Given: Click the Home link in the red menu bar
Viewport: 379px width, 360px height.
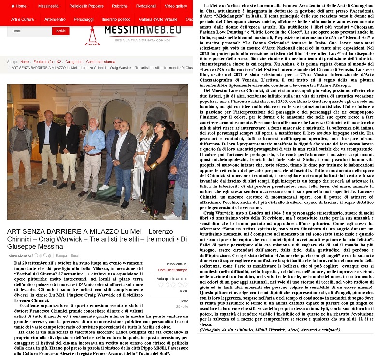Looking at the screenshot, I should click(18, 6).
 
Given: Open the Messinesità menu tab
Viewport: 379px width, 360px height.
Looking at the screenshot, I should click(48, 6).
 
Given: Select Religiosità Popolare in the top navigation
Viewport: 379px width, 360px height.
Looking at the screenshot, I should click(86, 6).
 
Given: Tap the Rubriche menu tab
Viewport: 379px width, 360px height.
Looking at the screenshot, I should click(120, 6).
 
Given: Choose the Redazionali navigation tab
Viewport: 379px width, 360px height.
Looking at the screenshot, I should click(146, 6).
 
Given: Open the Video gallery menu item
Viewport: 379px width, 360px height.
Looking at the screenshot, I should click(176, 6).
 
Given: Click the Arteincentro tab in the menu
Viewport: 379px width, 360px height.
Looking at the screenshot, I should click(55, 19).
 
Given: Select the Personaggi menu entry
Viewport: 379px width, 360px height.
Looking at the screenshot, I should click(84, 19).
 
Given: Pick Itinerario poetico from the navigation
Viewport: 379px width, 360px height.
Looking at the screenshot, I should click(115, 19).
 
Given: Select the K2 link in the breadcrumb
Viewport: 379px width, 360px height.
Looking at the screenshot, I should click(59, 62).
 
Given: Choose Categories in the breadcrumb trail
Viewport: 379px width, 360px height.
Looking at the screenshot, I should click(73, 62).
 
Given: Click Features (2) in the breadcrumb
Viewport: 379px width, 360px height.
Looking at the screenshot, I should click(43, 62).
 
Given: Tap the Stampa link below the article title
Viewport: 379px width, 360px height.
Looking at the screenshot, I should click(61, 255).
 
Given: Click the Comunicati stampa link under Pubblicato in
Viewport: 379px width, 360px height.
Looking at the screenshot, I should click(172, 270).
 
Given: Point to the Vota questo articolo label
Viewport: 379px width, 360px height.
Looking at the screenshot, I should click(172, 279).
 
